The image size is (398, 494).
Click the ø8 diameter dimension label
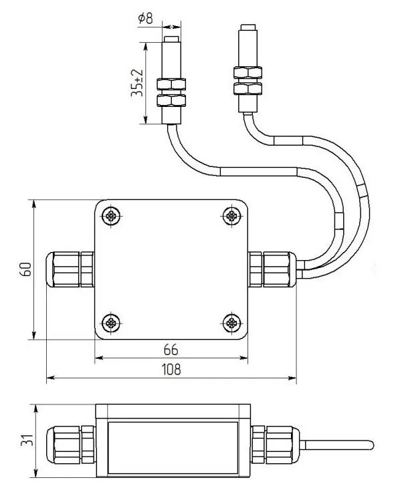click(145, 18)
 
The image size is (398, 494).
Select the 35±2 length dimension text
click(137, 83)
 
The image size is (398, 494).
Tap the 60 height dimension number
click(26, 269)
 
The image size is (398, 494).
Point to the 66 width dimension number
click(171, 350)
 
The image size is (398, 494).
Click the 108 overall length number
click(171, 369)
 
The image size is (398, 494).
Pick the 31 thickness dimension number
click(27, 439)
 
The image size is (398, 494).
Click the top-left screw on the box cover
click(111, 216)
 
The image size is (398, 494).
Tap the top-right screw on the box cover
click(232, 216)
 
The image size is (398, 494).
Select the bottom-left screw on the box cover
click(111, 323)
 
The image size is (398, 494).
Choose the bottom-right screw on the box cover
click(232, 323)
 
